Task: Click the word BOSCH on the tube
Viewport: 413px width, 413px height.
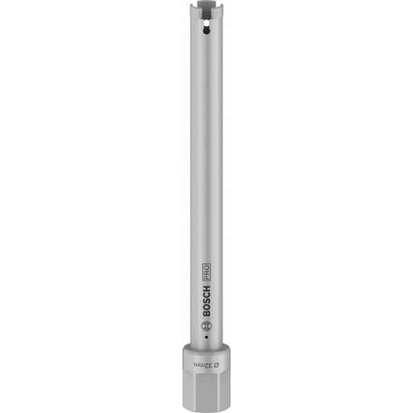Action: point(206,300)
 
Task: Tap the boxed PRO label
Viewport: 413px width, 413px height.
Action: point(206,272)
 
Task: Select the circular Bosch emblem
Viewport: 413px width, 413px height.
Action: point(206,326)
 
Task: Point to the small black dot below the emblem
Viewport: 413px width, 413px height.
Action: point(206,337)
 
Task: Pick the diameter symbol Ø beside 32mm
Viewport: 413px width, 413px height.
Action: point(216,366)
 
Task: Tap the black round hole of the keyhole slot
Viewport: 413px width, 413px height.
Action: point(206,31)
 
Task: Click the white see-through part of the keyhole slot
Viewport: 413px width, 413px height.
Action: point(206,24)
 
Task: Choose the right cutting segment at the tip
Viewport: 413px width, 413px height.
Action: point(218,12)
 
